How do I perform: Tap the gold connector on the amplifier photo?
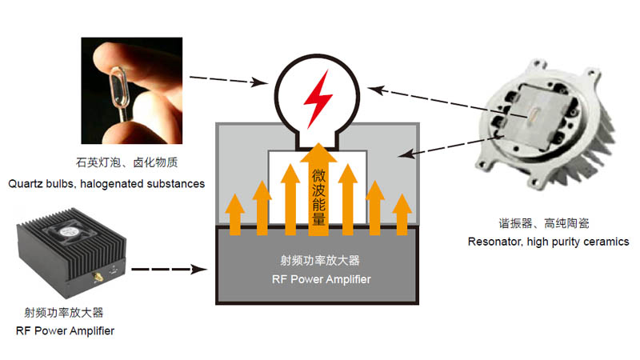(98, 278)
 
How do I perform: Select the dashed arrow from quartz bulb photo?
(229, 80)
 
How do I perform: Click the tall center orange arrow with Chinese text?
(318, 190)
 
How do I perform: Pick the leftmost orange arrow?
(234, 214)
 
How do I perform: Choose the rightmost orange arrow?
(402, 214)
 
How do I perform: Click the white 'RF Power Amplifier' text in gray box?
(322, 279)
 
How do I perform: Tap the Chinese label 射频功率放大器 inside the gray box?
(319, 261)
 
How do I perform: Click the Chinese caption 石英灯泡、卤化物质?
(127, 162)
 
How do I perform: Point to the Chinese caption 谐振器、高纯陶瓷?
(544, 223)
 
